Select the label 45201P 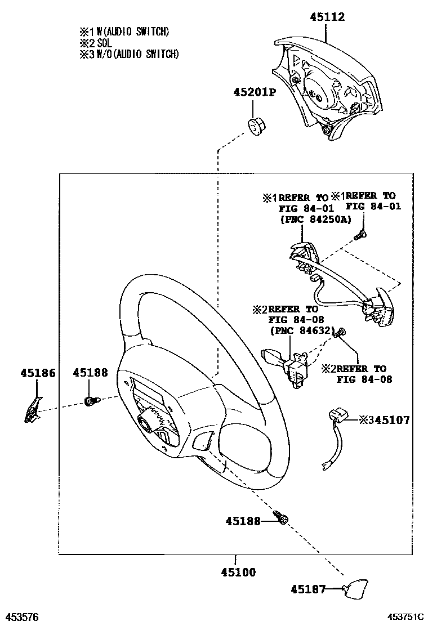click(255, 92)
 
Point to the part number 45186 click(38, 372)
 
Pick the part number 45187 click(308, 589)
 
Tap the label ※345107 click(384, 419)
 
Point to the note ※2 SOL click(97, 43)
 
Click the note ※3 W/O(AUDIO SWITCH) click(129, 54)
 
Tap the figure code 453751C click(405, 617)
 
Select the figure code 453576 click(22, 617)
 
